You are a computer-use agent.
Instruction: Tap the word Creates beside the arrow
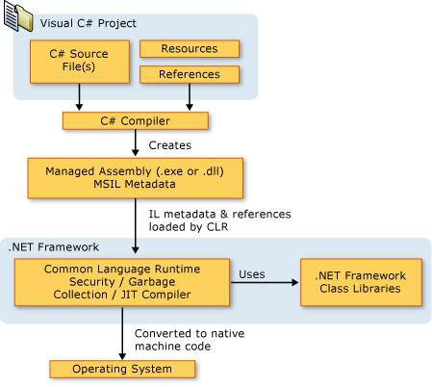coord(170,145)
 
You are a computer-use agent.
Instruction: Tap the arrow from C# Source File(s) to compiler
coord(81,97)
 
